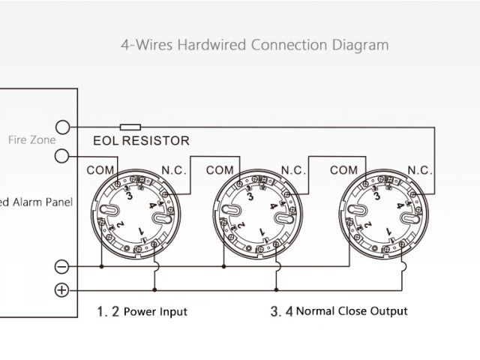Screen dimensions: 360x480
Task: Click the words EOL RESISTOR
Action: click(141, 140)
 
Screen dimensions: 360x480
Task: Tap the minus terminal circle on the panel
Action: click(62, 266)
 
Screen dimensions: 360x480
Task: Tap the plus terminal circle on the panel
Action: click(62, 290)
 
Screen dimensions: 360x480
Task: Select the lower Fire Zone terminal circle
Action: click(63, 156)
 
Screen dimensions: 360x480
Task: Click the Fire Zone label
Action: click(31, 140)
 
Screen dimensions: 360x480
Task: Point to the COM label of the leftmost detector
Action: click(100, 170)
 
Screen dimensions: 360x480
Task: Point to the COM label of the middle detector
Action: click(220, 170)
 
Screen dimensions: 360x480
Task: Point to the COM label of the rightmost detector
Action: click(343, 170)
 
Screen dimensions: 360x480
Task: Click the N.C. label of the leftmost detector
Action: click(176, 170)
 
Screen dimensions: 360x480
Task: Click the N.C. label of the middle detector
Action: click(294, 170)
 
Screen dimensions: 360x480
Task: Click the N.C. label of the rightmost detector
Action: click(420, 170)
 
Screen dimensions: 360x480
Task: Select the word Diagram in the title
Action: click(361, 45)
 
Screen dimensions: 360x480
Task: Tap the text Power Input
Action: click(155, 311)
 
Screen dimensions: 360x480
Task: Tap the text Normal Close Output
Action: click(352, 311)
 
